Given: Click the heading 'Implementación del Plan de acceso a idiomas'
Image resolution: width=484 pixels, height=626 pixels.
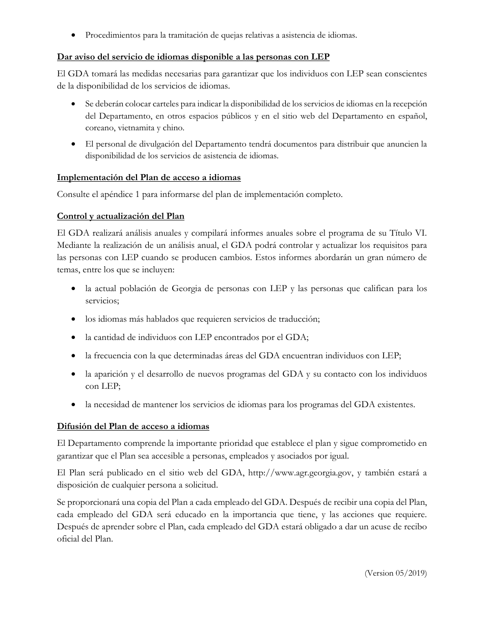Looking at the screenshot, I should pos(149,177).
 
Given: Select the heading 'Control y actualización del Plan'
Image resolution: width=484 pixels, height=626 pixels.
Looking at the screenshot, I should pos(120,216).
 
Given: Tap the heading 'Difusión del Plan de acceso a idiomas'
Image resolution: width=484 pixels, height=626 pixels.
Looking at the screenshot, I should pos(133,425).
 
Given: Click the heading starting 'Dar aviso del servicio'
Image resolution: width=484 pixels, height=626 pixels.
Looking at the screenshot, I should pos(193,56).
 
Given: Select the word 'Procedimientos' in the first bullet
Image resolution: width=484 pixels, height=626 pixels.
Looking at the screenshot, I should pos(111,35).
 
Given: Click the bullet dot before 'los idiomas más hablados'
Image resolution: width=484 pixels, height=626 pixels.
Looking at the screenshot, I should pos(75,319).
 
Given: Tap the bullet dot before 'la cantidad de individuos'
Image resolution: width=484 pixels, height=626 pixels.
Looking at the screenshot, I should pos(75,337).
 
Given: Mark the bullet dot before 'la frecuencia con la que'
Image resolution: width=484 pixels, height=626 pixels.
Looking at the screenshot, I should pos(75,356).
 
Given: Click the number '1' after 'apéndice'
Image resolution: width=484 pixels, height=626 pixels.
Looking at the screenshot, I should pos(133,194).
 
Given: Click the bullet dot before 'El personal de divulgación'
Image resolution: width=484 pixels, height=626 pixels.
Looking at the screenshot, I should pos(75,144).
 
